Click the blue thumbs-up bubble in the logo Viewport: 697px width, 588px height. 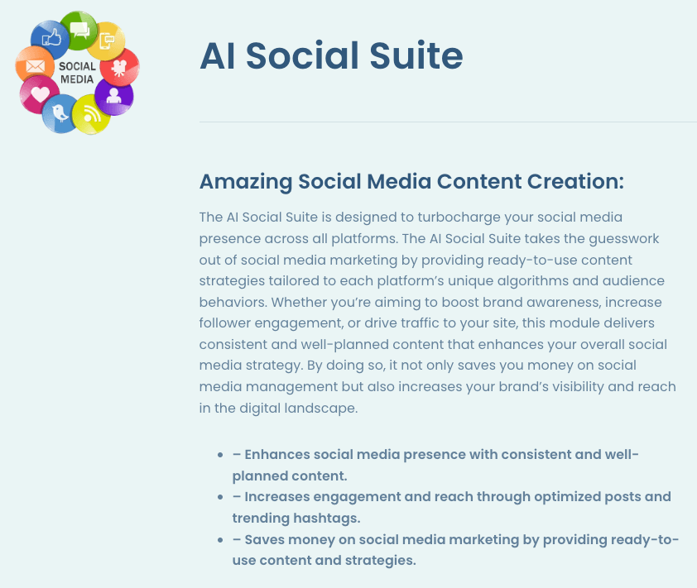(50, 39)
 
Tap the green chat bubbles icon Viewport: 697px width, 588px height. (79, 30)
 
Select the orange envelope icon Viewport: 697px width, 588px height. (35, 65)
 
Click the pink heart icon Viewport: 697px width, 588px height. (39, 94)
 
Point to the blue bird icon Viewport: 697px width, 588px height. (60, 113)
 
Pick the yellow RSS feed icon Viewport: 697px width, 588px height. (91, 115)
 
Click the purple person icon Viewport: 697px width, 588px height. (113, 96)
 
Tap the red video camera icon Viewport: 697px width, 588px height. (119, 68)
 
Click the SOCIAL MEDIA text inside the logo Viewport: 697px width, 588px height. (77, 73)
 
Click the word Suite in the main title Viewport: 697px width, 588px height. (416, 55)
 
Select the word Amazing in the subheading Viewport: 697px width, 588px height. (246, 182)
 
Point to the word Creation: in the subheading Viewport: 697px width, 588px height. (575, 181)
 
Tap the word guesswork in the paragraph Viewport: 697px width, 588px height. (624, 239)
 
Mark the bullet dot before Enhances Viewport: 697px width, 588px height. (220, 455)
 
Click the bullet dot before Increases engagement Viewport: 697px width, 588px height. (220, 497)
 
